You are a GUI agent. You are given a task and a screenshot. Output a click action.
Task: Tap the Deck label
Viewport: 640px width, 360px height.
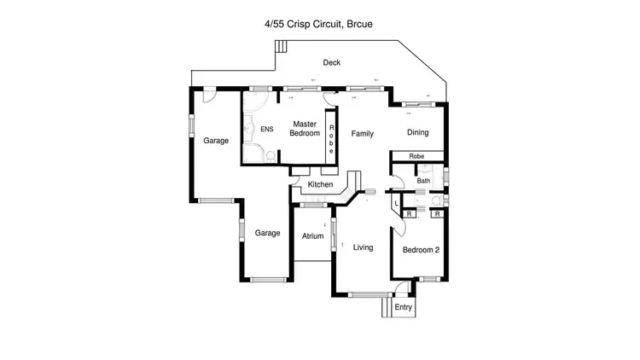(x=332, y=62)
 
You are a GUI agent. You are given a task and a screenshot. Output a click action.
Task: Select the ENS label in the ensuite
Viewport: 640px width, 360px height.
(x=267, y=130)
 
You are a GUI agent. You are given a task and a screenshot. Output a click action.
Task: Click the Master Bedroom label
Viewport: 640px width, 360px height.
(x=305, y=128)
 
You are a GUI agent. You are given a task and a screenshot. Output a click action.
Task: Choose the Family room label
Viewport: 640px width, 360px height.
(x=363, y=133)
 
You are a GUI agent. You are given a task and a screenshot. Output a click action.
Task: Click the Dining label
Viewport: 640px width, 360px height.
(x=417, y=132)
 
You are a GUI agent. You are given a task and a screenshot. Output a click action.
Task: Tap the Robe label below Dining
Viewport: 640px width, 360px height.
(x=416, y=157)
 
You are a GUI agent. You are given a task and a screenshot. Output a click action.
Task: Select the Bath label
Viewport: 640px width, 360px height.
(x=423, y=180)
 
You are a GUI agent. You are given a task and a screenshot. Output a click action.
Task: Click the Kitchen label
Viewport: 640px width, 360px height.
(x=320, y=184)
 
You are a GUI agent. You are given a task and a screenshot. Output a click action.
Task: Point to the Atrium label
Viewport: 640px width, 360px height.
(x=312, y=235)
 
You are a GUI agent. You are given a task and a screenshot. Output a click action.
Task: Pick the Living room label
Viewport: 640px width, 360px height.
(x=364, y=247)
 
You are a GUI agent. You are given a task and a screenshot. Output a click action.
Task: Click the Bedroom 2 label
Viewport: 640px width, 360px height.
(x=421, y=250)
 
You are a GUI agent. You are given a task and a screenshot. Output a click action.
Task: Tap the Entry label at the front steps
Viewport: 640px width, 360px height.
(x=403, y=307)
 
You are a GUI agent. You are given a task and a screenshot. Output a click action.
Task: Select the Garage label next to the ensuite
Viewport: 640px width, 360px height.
(x=216, y=141)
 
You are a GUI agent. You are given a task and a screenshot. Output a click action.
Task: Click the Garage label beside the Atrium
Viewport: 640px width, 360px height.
(x=267, y=233)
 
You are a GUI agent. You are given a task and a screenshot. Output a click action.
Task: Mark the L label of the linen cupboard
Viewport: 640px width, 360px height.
(x=397, y=202)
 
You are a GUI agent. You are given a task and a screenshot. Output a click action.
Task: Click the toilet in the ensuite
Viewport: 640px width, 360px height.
(x=268, y=155)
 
